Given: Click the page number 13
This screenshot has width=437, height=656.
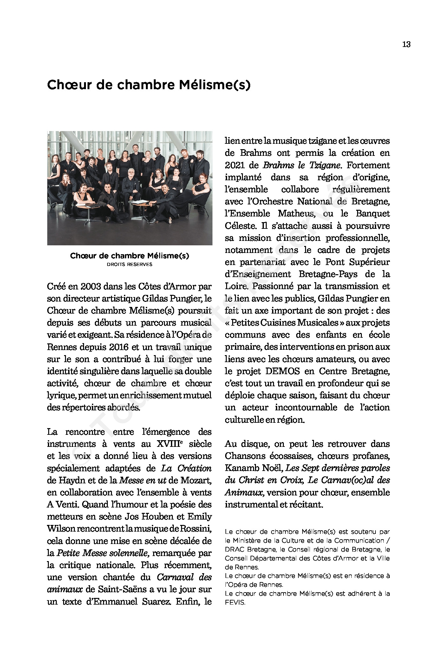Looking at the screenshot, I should (406, 44).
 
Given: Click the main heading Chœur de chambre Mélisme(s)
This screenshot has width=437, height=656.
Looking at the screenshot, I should (148, 85).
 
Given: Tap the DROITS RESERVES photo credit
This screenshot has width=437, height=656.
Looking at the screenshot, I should (129, 264).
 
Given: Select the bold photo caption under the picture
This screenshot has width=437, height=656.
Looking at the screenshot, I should (129, 256).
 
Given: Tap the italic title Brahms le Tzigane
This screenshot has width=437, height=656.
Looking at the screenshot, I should (303, 165).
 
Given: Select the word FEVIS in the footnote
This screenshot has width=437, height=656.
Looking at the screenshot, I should (235, 602).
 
